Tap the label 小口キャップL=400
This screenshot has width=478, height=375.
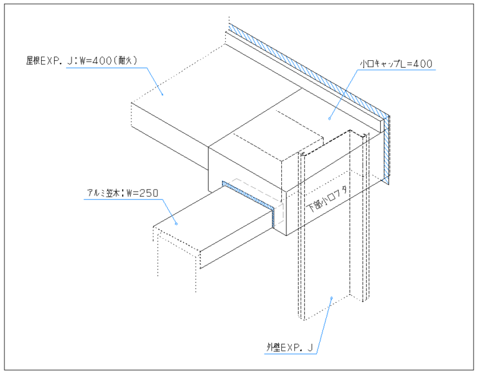click(396, 63)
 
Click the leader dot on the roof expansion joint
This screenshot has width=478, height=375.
click(162, 93)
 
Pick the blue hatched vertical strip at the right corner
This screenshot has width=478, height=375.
click(387, 149)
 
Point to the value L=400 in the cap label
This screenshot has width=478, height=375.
click(416, 63)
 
